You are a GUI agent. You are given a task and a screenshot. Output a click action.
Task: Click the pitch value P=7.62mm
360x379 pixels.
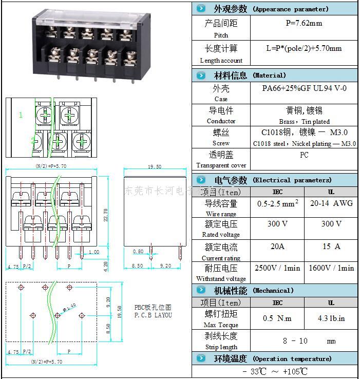tap(304, 23)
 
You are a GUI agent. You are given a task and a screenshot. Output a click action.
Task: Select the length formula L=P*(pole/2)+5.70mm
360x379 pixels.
tap(304, 48)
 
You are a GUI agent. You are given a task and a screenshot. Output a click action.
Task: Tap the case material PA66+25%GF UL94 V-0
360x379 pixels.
tap(304, 88)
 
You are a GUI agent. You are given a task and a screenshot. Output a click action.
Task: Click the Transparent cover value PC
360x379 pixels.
tap(304, 155)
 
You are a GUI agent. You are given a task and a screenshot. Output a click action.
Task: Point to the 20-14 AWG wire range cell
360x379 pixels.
tap(331, 203)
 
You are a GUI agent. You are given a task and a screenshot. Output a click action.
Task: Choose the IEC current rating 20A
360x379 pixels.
tap(277, 247)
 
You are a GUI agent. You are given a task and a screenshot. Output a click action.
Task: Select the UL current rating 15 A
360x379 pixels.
tap(331, 247)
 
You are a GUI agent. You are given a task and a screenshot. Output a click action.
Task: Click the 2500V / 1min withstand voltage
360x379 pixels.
tap(277, 268)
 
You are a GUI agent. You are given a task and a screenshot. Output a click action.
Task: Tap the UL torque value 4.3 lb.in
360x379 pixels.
tap(331, 318)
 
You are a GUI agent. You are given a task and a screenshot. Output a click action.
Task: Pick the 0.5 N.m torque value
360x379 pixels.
tap(277, 318)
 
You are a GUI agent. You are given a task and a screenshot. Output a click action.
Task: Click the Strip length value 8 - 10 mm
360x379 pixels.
tap(303, 341)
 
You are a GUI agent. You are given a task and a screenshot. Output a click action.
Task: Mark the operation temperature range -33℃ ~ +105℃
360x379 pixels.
tap(275, 371)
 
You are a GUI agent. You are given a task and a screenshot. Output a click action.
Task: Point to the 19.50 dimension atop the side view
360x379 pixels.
tap(154, 167)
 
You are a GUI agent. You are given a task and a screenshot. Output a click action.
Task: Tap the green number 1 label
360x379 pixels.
tap(21, 115)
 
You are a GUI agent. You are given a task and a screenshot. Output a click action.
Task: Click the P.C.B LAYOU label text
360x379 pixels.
tap(153, 315)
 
